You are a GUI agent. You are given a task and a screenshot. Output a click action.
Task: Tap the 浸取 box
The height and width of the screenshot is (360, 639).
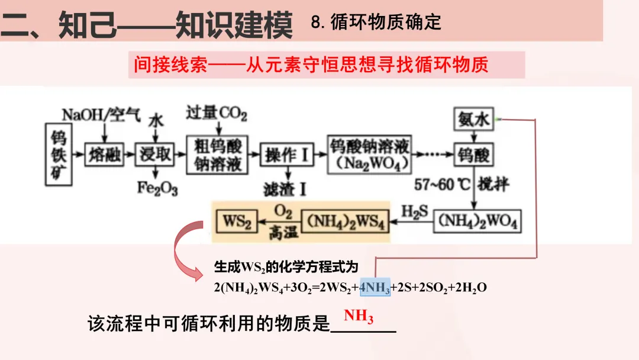[155, 155]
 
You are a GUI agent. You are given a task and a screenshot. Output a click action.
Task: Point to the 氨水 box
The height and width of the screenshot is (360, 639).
[473, 120]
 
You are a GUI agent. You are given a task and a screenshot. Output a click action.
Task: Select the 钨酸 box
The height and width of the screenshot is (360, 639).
[473, 155]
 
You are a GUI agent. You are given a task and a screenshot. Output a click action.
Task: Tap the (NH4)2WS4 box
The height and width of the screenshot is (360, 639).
[346, 222]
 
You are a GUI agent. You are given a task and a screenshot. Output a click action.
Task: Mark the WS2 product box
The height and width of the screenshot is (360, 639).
[237, 222]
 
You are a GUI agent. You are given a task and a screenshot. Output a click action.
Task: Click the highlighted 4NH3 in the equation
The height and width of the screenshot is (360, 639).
[375, 287]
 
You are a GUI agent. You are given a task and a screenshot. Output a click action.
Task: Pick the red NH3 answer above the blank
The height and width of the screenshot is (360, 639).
[359, 316]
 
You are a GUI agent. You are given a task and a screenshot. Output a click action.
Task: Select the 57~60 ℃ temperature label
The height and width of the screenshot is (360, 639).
[442, 184]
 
